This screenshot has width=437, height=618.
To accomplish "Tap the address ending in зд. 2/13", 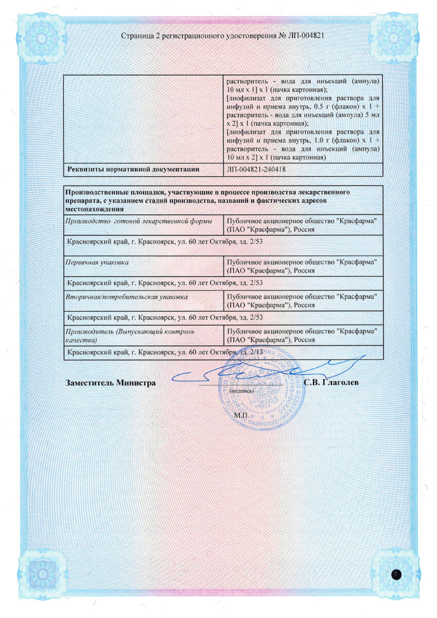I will click(165, 352).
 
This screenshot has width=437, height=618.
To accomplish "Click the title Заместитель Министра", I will click(111, 383).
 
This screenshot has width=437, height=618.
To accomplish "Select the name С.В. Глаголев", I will click(331, 383).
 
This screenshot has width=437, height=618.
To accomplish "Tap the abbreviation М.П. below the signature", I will click(240, 415).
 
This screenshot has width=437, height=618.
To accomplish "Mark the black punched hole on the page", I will click(397, 574).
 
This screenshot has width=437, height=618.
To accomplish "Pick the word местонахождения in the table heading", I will click(94, 209).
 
